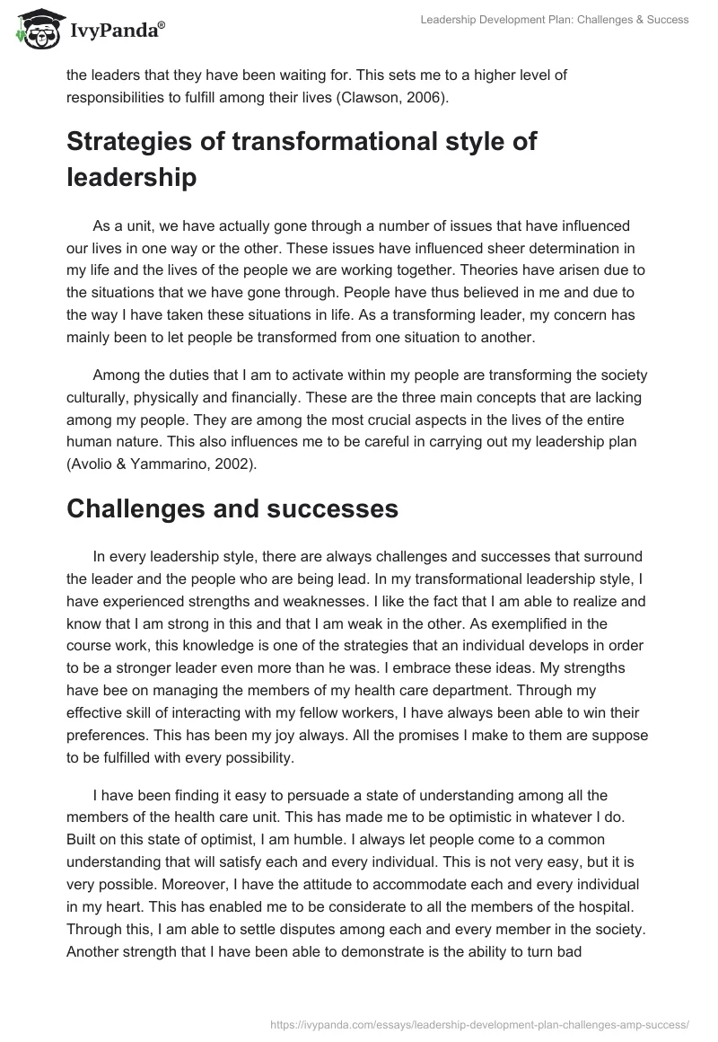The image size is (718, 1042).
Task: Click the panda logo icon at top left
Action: [34, 29]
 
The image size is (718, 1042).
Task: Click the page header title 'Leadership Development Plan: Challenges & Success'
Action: [555, 20]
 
